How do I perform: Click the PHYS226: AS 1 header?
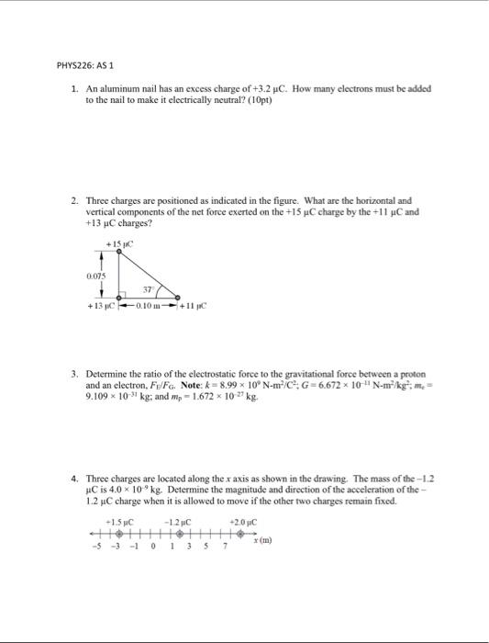(85, 65)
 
